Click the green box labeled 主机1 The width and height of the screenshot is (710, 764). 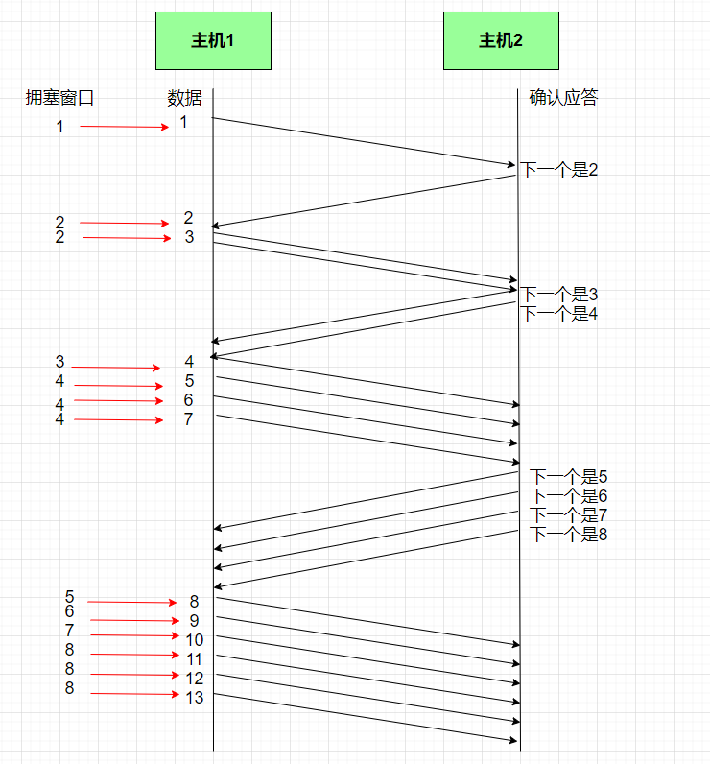click(213, 40)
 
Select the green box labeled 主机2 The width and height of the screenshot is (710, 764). click(501, 40)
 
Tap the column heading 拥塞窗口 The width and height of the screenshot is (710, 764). click(59, 97)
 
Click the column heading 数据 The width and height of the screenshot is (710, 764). click(185, 97)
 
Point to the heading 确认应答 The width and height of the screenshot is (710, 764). click(563, 97)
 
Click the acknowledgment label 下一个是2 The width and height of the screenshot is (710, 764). click(559, 170)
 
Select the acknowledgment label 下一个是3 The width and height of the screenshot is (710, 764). click(559, 294)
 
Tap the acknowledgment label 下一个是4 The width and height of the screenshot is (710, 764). click(559, 313)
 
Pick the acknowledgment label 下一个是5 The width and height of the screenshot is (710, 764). click(569, 477)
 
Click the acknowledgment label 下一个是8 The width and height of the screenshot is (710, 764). click(569, 535)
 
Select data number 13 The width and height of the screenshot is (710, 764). click(195, 698)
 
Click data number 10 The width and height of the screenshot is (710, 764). click(195, 640)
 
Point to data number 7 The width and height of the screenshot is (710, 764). click(189, 419)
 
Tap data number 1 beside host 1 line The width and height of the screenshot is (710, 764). click(183, 122)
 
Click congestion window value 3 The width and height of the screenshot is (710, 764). click(59, 362)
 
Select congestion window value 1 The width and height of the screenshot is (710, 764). click(59, 126)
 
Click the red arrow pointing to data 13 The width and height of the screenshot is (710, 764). click(134, 694)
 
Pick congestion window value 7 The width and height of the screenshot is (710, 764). click(69, 631)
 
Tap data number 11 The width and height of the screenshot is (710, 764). click(195, 659)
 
